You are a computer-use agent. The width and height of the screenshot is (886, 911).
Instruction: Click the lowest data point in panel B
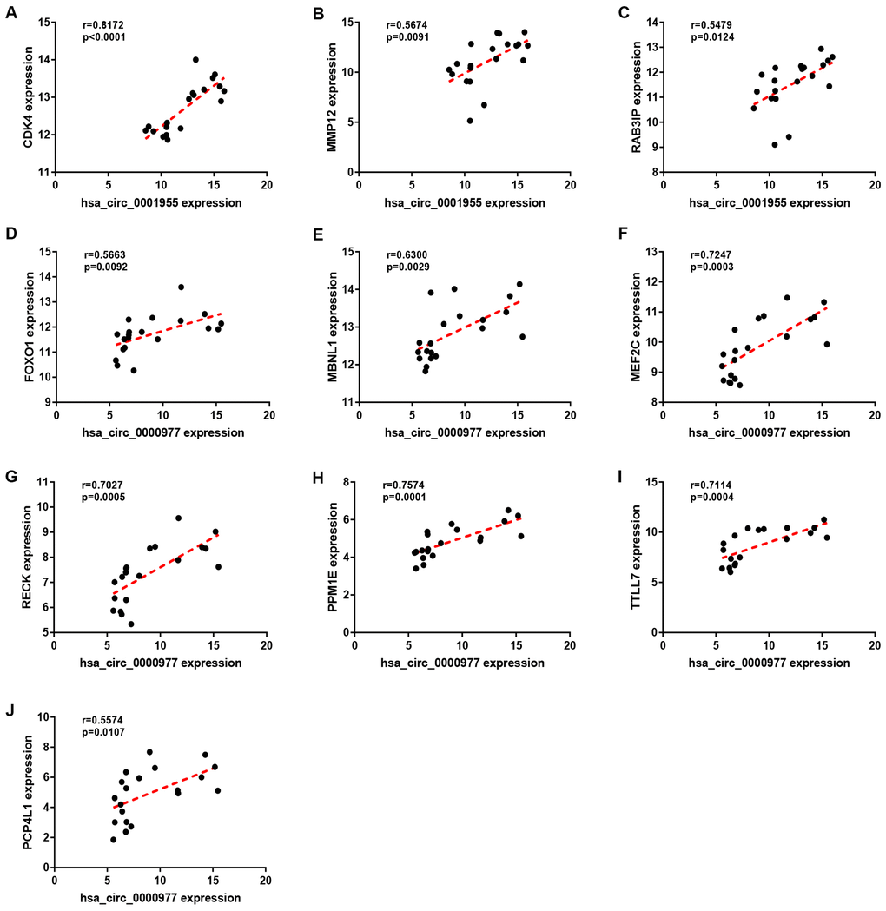pos(470,121)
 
